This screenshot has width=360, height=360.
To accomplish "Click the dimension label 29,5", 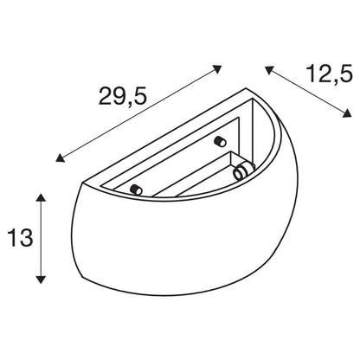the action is [x=123, y=96].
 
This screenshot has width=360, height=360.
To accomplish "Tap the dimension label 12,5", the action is [x=329, y=74].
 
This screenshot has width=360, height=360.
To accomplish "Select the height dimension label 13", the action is [x=21, y=238].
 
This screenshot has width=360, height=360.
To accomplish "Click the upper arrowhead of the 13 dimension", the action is [x=42, y=197].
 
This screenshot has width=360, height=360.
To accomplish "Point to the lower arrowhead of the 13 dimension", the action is [x=42, y=280].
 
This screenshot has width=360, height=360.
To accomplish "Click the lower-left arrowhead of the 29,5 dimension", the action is [x=60, y=157].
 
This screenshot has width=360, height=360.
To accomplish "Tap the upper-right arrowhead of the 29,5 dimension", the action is [x=217, y=69].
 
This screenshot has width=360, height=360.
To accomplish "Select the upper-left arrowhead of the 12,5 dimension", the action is [x=268, y=70].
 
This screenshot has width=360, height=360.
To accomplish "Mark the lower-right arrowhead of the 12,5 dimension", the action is [x=347, y=113].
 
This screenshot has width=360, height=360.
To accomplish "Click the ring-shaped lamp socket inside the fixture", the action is [x=241, y=172].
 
